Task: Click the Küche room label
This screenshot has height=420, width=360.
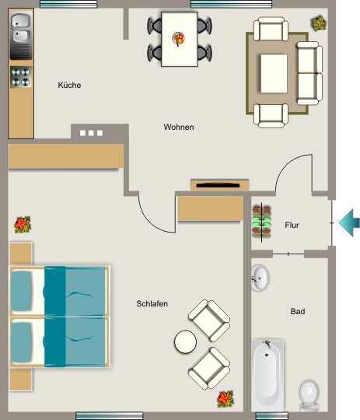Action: pyautogui.click(x=69, y=86)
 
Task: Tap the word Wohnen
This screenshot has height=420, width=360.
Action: pyautogui.click(x=179, y=127)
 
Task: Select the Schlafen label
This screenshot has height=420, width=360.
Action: pyautogui.click(x=152, y=304)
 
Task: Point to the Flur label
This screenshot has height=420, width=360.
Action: pyautogui.click(x=292, y=225)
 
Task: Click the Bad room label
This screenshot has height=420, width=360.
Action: pyautogui.click(x=298, y=311)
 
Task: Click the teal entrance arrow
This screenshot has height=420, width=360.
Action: pyautogui.click(x=349, y=222)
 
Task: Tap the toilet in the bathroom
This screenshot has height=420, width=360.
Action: pyautogui.click(x=309, y=395)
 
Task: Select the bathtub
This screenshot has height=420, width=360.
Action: pyautogui.click(x=267, y=376)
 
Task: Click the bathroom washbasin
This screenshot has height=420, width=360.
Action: pyautogui.click(x=260, y=278)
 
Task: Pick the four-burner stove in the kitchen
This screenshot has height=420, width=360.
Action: pyautogui.click(x=21, y=77)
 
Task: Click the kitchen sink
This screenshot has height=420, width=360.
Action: pyautogui.click(x=21, y=36)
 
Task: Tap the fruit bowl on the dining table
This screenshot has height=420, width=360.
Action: pyautogui.click(x=178, y=39)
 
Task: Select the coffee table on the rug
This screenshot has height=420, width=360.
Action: pyautogui.click(x=274, y=74)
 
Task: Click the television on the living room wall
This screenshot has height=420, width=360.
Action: pyautogui.click(x=219, y=185)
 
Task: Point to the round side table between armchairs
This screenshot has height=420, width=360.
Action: pyautogui.click(x=185, y=341)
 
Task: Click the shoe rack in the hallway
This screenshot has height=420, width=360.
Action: pyautogui.click(x=261, y=222)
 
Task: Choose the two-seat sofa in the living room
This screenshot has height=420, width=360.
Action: pyautogui.click(x=309, y=73)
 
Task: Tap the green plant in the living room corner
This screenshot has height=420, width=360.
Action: pyautogui.click(x=319, y=23)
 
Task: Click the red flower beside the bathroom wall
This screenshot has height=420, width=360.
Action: pyautogui.click(x=225, y=399)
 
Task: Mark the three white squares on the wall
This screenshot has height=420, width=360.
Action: pyautogui.click(x=91, y=133)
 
